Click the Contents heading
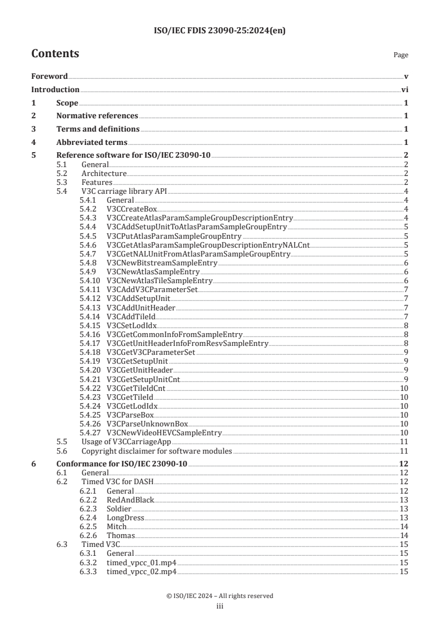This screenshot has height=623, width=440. [55, 54]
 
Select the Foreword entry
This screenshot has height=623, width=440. [49, 76]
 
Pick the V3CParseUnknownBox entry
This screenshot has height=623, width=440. [144, 424]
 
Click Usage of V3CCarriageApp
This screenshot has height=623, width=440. [126, 442]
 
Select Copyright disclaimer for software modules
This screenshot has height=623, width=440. [156, 451]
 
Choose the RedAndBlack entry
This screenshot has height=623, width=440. [130, 500]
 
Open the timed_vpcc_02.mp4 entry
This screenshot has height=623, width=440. [141, 571]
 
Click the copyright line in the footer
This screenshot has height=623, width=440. [220, 596]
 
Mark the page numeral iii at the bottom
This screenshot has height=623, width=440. [220, 605]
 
